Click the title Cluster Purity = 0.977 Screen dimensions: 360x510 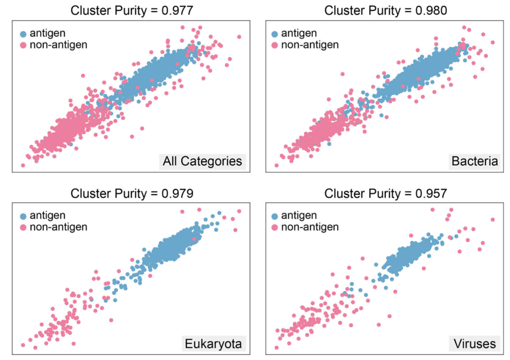tap(131, 10)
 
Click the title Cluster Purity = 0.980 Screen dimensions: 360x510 tap(385, 10)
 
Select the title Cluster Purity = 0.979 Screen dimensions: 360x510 tap(131, 193)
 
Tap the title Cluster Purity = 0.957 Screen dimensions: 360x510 tap(385, 193)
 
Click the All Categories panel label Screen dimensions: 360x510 tap(202, 162)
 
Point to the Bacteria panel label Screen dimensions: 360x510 tap(475, 162)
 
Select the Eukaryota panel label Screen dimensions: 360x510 tap(213, 343)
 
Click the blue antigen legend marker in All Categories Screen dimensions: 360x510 tap(23, 34)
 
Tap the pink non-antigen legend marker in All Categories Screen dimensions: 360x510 tap(23, 45)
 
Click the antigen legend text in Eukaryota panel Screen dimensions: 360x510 tap(48, 215)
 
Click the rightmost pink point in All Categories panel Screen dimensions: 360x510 tap(239, 37)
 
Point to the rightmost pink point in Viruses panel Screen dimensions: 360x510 tap(493, 219)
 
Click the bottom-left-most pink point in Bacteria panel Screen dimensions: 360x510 tap(276, 165)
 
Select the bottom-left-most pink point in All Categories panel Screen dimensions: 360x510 tap(23, 165)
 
